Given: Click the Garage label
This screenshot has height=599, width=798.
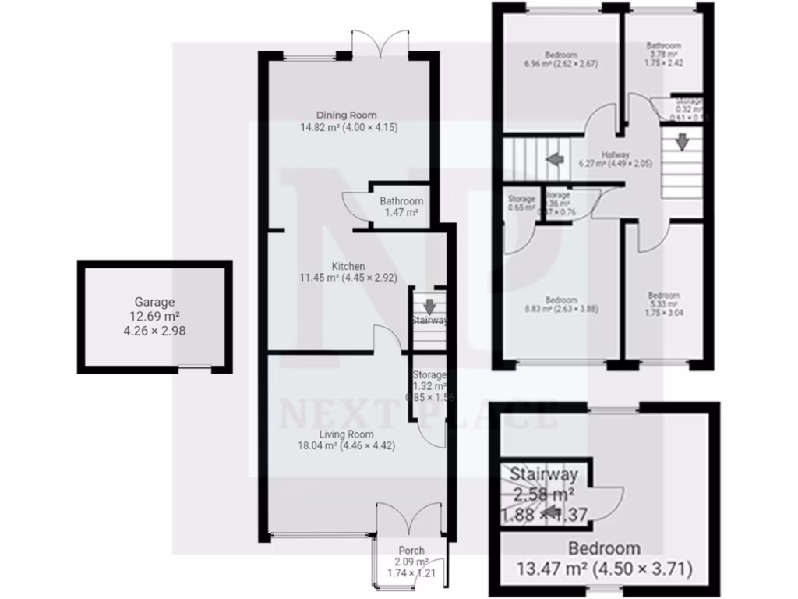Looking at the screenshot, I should [154, 302].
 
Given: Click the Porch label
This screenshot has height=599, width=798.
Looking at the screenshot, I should [411, 551].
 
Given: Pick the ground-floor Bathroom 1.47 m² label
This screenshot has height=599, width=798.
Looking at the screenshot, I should [401, 201].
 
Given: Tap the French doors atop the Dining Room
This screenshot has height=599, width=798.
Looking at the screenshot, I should [380, 43].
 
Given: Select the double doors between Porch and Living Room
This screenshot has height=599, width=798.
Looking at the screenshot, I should [411, 517].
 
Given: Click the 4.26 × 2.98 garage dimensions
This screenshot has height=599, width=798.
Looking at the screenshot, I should [154, 330].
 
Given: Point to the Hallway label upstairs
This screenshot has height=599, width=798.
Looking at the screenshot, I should [615, 154].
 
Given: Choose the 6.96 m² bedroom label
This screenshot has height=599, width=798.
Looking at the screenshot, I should [561, 55].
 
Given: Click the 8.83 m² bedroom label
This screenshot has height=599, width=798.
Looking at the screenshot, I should [561, 300].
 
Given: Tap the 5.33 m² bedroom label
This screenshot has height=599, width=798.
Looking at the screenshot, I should [664, 296].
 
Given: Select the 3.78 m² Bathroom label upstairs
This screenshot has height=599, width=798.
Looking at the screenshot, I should [663, 46].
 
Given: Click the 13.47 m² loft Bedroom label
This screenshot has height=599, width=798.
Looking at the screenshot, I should [604, 548].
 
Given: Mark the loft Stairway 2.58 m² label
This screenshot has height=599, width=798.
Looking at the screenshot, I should [543, 473].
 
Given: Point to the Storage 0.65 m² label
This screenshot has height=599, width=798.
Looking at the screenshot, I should [521, 199].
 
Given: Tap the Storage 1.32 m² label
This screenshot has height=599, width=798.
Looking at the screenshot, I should [429, 375].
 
